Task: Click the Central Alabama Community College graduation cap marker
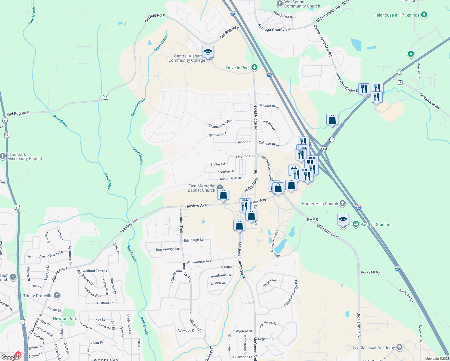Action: click(x=208, y=52)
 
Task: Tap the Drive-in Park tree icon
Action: click(x=254, y=67)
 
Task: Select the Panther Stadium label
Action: click(x=376, y=224)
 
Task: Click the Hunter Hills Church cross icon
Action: click(x=342, y=203)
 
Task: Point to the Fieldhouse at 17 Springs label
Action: click(x=396, y=15)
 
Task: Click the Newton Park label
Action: click(x=65, y=319)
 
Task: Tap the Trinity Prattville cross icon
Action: click(x=57, y=295)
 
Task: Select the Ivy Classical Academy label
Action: click(x=374, y=347)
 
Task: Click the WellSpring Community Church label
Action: click(x=302, y=4)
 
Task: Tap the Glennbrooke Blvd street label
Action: click(x=220, y=123)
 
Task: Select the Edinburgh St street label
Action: click(x=193, y=240)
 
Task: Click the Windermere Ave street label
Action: click(x=199, y=262)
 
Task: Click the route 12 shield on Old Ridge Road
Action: click(x=105, y=97)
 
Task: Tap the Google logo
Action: click(x=10, y=357)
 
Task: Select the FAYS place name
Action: click(x=313, y=220)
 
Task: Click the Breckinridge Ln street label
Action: click(x=167, y=249)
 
